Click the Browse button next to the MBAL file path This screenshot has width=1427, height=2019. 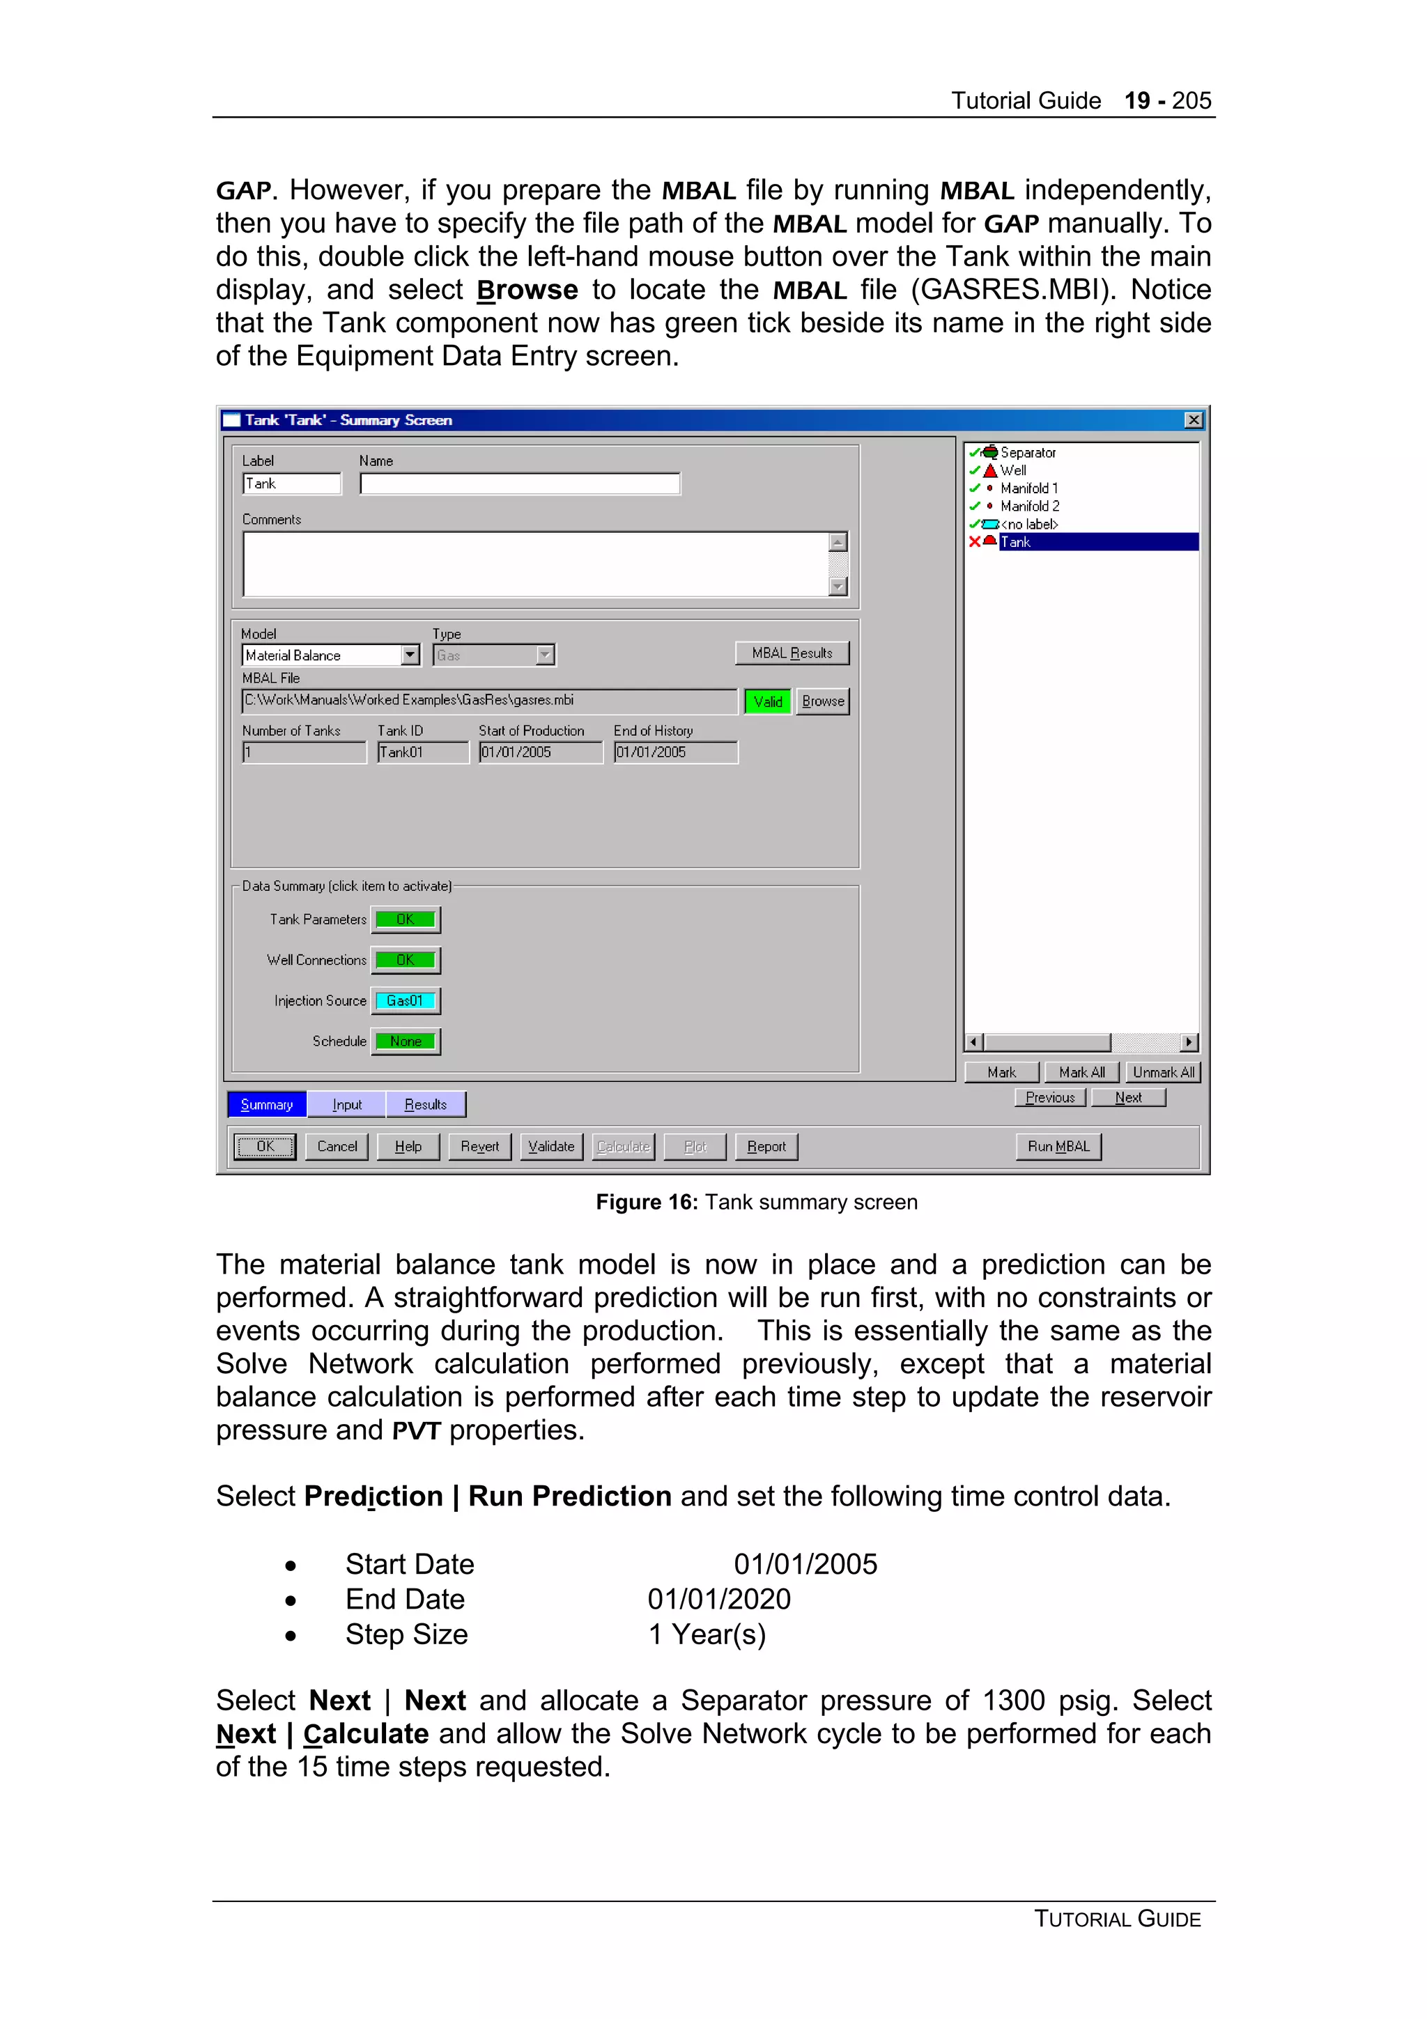tap(822, 701)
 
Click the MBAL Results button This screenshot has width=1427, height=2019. tap(792, 653)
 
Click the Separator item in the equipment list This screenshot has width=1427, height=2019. tap(1027, 452)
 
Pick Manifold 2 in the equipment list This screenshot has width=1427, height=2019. tap(1028, 506)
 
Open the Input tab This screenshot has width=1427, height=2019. tap(346, 1104)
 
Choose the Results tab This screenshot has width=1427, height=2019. tap(426, 1104)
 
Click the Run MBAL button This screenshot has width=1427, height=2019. tap(1058, 1146)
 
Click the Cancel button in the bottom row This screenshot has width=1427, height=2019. tap(337, 1146)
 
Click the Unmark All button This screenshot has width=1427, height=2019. tap(1162, 1072)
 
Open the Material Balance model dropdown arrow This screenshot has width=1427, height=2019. tap(410, 655)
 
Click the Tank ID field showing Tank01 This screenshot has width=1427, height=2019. tap(422, 752)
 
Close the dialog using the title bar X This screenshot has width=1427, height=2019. tap(1193, 420)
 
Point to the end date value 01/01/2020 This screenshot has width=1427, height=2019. tap(718, 1599)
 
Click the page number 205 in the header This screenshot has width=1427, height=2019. tap(1191, 100)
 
